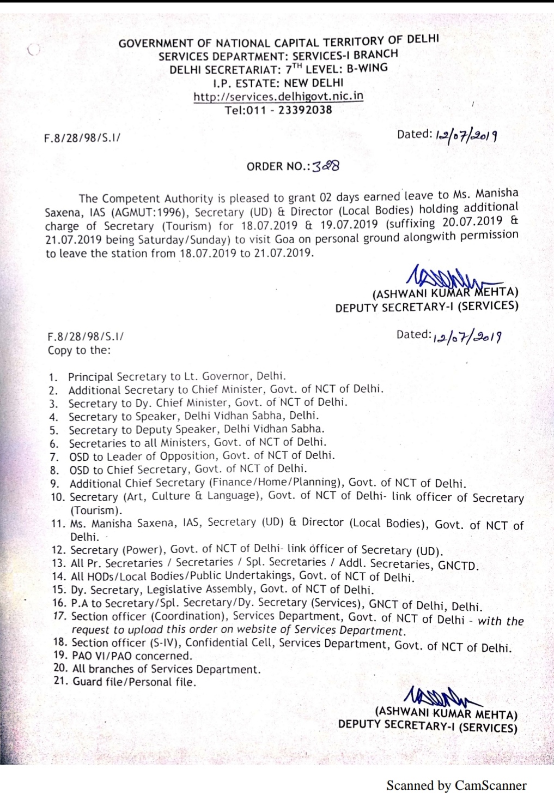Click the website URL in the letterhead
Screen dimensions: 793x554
tap(278, 97)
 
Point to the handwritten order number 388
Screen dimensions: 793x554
tap(326, 166)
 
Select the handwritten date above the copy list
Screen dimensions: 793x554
tap(467, 337)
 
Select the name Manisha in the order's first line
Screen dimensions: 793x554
tap(497, 194)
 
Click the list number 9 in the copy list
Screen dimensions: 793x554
tap(54, 484)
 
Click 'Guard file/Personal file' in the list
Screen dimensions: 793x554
tap(134, 682)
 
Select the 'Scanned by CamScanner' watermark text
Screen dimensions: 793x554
tap(456, 785)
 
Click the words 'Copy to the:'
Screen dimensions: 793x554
tap(79, 350)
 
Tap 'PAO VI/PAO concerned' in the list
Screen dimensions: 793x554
tap(132, 656)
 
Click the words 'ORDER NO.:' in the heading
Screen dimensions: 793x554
tap(278, 166)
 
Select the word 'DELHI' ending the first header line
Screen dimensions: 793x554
tap(423, 39)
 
